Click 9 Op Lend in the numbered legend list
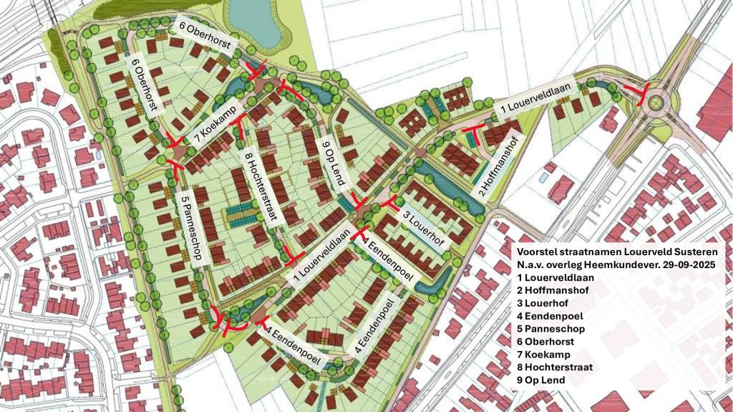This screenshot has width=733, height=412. [x=549, y=380]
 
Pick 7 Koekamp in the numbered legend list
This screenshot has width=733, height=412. [x=551, y=355]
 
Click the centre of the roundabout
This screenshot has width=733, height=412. [x=654, y=104]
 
